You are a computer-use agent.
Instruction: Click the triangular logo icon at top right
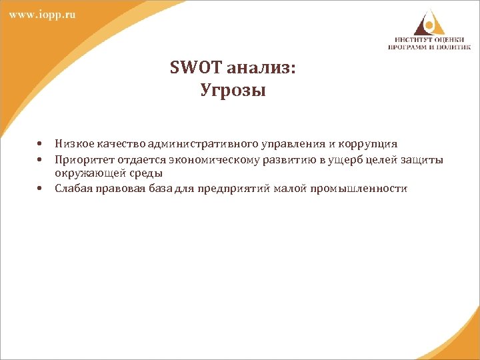pos(427,23)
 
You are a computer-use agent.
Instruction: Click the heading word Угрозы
pos(233,90)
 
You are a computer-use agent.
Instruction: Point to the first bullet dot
pos(41,143)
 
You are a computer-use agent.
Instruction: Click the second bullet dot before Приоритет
pos(41,160)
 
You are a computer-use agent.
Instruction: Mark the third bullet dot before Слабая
pos(41,189)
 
